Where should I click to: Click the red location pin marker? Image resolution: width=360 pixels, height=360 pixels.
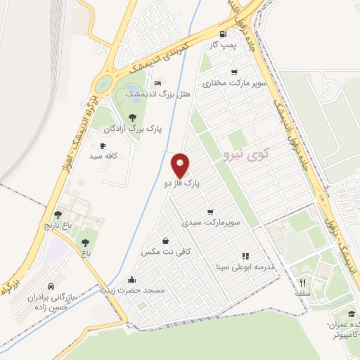point(181,165)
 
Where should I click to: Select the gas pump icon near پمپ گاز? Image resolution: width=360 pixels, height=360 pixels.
point(223,34)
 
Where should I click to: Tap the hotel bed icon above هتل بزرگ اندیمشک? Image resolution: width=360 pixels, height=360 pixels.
point(157,82)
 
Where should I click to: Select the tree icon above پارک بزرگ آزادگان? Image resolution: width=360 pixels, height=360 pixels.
point(133,117)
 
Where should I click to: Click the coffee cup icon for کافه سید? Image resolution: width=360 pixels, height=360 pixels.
point(104,145)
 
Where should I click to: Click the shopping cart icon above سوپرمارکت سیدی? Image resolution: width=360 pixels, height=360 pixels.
point(210,212)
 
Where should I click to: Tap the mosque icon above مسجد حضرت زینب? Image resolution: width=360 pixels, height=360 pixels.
point(132,278)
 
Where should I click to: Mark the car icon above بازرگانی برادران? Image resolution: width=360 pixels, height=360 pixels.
point(52,286)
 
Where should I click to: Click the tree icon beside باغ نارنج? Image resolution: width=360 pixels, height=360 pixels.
point(58,215)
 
